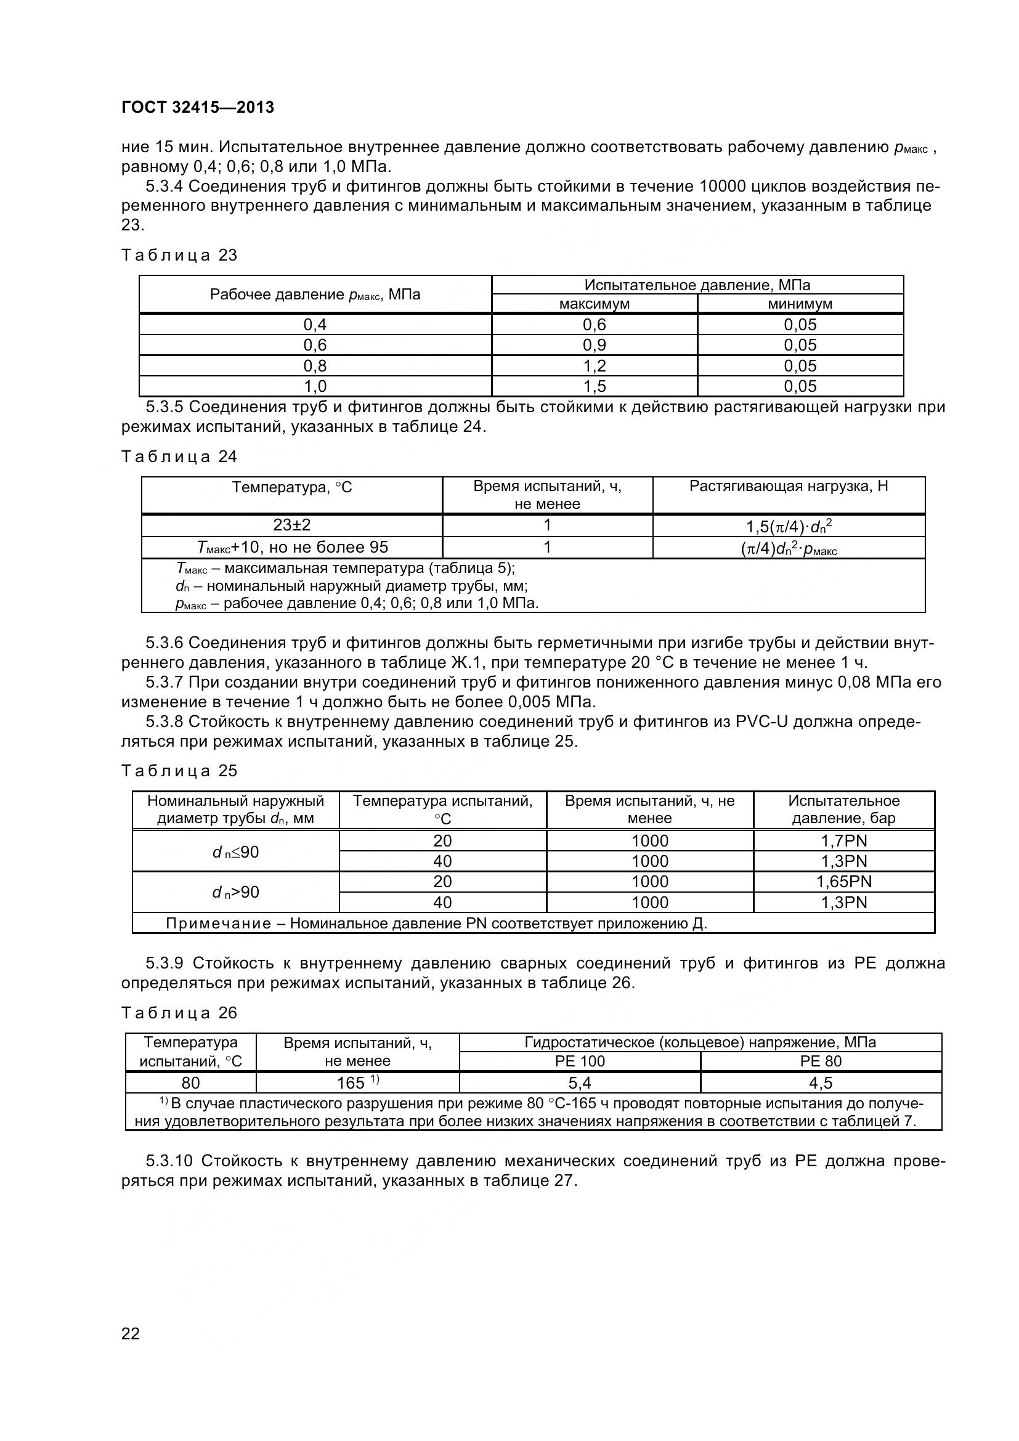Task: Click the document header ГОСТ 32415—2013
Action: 198,107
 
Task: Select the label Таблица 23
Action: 179,256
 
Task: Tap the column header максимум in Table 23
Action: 594,304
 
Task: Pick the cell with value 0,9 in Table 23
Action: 594,345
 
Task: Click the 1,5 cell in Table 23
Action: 594,386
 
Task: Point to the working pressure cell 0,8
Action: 315,366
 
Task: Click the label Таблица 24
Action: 179,457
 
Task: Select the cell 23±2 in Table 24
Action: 292,525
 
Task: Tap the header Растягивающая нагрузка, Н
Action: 789,487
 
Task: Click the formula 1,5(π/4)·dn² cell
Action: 789,526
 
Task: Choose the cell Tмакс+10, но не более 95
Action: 293,547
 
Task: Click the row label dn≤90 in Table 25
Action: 235,851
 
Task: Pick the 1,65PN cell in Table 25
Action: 844,881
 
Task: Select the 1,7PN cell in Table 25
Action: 844,840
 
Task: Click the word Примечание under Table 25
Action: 218,923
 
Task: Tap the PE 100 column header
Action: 580,1061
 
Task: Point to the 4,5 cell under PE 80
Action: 821,1082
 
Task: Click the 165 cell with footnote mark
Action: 358,1082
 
